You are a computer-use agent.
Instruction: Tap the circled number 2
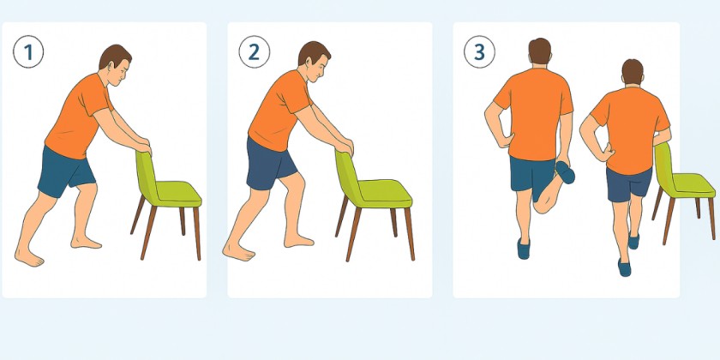pos(253,53)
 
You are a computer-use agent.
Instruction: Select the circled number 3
pos(478,52)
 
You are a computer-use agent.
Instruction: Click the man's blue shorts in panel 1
pos(64,171)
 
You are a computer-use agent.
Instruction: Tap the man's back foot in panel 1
pos(28,255)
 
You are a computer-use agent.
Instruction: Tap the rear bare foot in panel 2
pos(237,251)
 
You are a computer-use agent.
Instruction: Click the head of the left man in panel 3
pos(539,53)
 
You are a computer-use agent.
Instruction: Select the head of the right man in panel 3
pos(633,74)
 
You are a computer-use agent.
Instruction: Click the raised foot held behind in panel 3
pos(564,171)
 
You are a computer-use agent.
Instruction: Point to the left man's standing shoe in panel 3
pos(524,249)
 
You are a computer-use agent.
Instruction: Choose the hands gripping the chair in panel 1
pos(142,146)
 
